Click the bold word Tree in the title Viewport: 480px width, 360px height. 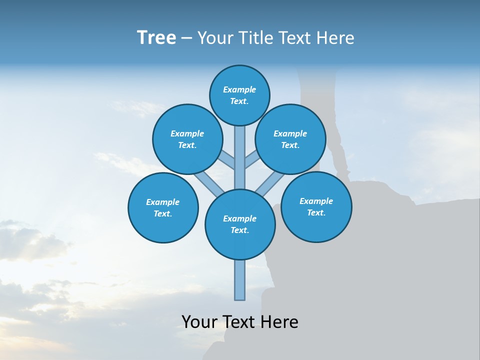click(156, 38)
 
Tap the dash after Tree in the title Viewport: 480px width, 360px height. click(186, 38)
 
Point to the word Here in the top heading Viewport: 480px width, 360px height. click(335, 38)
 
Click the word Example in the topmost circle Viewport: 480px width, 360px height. click(239, 89)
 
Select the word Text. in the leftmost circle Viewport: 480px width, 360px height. click(163, 214)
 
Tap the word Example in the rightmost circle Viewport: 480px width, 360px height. click(316, 201)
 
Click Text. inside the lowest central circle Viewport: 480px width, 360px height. click(240, 230)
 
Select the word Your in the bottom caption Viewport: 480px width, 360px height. click(199, 321)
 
